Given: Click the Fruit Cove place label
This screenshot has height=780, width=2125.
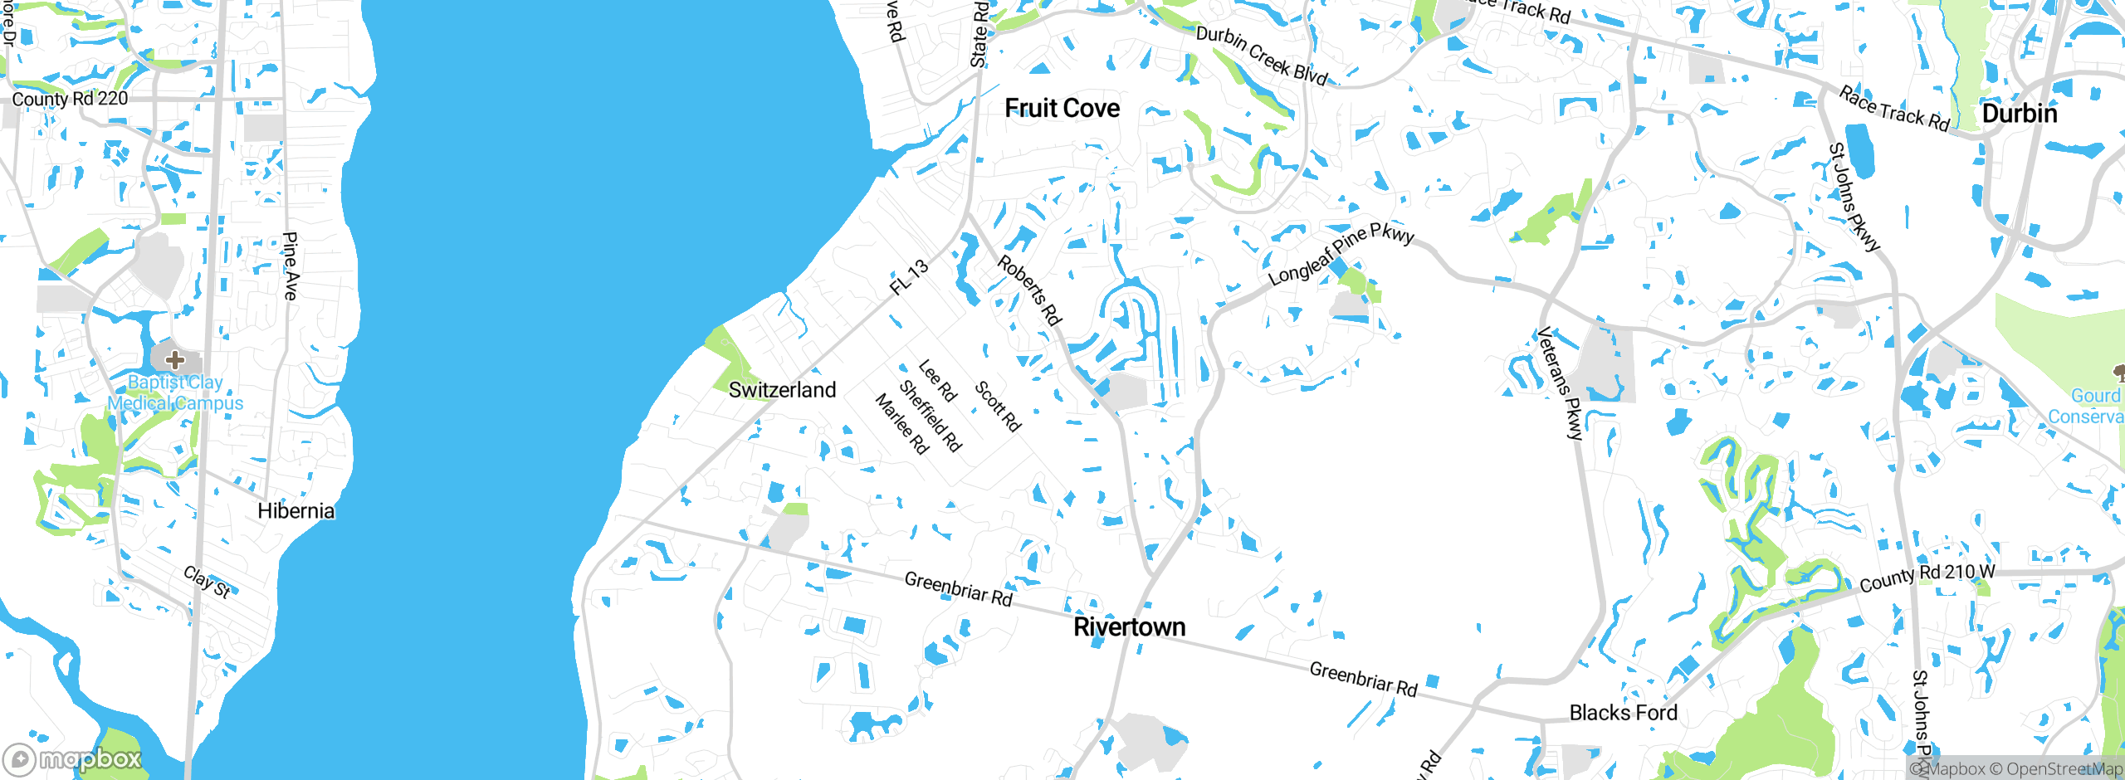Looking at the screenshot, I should [x=1062, y=109].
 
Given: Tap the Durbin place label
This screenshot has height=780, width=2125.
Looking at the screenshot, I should [x=2019, y=114].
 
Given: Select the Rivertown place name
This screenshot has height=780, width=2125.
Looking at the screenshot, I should [x=1129, y=627].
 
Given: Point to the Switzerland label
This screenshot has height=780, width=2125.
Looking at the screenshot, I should [x=782, y=390].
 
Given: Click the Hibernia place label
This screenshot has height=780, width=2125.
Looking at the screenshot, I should [x=296, y=511].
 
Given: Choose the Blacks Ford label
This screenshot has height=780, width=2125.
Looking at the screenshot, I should [x=1623, y=713].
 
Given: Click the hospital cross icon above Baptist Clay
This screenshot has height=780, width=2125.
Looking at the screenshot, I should [x=174, y=360].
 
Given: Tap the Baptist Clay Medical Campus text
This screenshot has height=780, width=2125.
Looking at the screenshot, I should [x=175, y=393].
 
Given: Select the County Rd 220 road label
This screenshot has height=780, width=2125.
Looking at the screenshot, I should [x=70, y=99].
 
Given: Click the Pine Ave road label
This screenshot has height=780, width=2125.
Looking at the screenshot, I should [x=290, y=266].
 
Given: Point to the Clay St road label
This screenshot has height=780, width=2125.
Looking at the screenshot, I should [x=207, y=582].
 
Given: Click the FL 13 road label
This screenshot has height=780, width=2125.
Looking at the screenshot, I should [x=909, y=277].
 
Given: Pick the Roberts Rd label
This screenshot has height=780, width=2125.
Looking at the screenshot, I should [x=1029, y=290].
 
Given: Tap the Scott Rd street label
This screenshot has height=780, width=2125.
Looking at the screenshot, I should [x=997, y=406].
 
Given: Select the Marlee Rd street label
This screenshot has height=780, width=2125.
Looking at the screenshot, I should [x=901, y=424].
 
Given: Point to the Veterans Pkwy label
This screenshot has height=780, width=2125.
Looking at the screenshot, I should [x=1560, y=383].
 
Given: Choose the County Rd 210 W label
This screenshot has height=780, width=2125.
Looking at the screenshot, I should [x=1927, y=577].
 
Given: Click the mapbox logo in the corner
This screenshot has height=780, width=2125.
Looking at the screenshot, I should [x=73, y=758].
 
